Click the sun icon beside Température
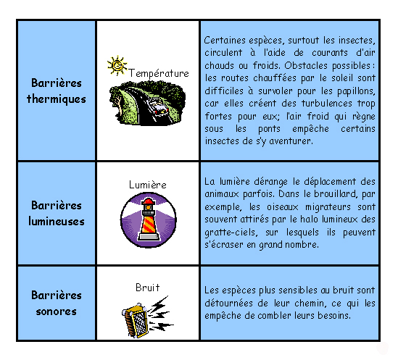click(117, 66)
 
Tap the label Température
click(159, 74)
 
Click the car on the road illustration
click(158, 106)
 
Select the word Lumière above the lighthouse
click(148, 185)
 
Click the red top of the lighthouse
click(148, 201)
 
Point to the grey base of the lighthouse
click(149, 237)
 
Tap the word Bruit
click(148, 288)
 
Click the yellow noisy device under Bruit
click(135, 320)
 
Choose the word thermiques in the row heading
click(57, 99)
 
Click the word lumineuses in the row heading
click(57, 221)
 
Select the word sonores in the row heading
click(57, 311)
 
